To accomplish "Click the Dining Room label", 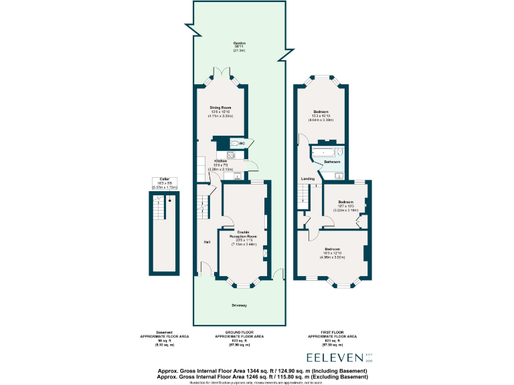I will [221, 108].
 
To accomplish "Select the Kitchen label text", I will [221, 162].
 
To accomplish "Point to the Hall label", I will [207, 241].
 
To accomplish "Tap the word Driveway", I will [240, 305].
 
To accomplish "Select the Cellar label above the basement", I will [164, 182].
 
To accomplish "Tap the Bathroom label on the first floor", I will [333, 162].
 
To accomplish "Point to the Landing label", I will [308, 179].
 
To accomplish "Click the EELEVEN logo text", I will [335, 358].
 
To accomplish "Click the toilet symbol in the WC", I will [233, 143].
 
